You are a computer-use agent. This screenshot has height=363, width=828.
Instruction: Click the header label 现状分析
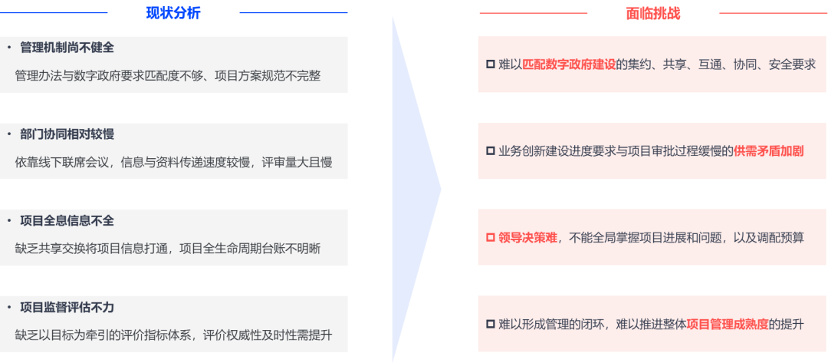coord(173,13)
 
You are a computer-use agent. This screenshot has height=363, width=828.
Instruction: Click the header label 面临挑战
coord(653,13)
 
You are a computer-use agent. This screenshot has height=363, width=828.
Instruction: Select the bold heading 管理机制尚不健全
coord(67,48)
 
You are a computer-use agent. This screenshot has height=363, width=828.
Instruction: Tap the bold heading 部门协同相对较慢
coord(67,134)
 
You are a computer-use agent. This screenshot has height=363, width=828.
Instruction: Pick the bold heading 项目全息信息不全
coord(67,221)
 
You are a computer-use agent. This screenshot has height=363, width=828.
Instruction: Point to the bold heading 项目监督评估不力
coord(67,307)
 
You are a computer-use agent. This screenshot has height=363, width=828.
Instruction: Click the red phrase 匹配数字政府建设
coord(569,65)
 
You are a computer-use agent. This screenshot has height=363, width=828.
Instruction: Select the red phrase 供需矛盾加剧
coord(768,151)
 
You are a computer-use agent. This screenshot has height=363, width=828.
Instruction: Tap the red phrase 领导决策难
coord(527,238)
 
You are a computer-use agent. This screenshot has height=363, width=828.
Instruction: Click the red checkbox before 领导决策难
coord(490,238)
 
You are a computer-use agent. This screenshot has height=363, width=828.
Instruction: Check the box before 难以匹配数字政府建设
coord(490,65)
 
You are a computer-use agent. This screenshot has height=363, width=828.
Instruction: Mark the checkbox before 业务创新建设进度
coord(490,151)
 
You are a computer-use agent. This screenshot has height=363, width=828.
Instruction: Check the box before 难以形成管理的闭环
coord(490,325)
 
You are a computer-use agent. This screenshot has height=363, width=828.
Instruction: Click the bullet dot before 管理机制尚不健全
coord(9,48)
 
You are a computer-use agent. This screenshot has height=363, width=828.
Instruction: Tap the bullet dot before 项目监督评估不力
coord(9,307)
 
